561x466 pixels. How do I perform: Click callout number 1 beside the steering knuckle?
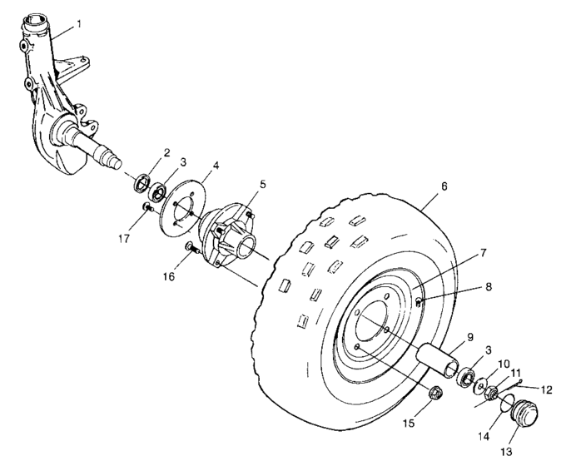point(79,24)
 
